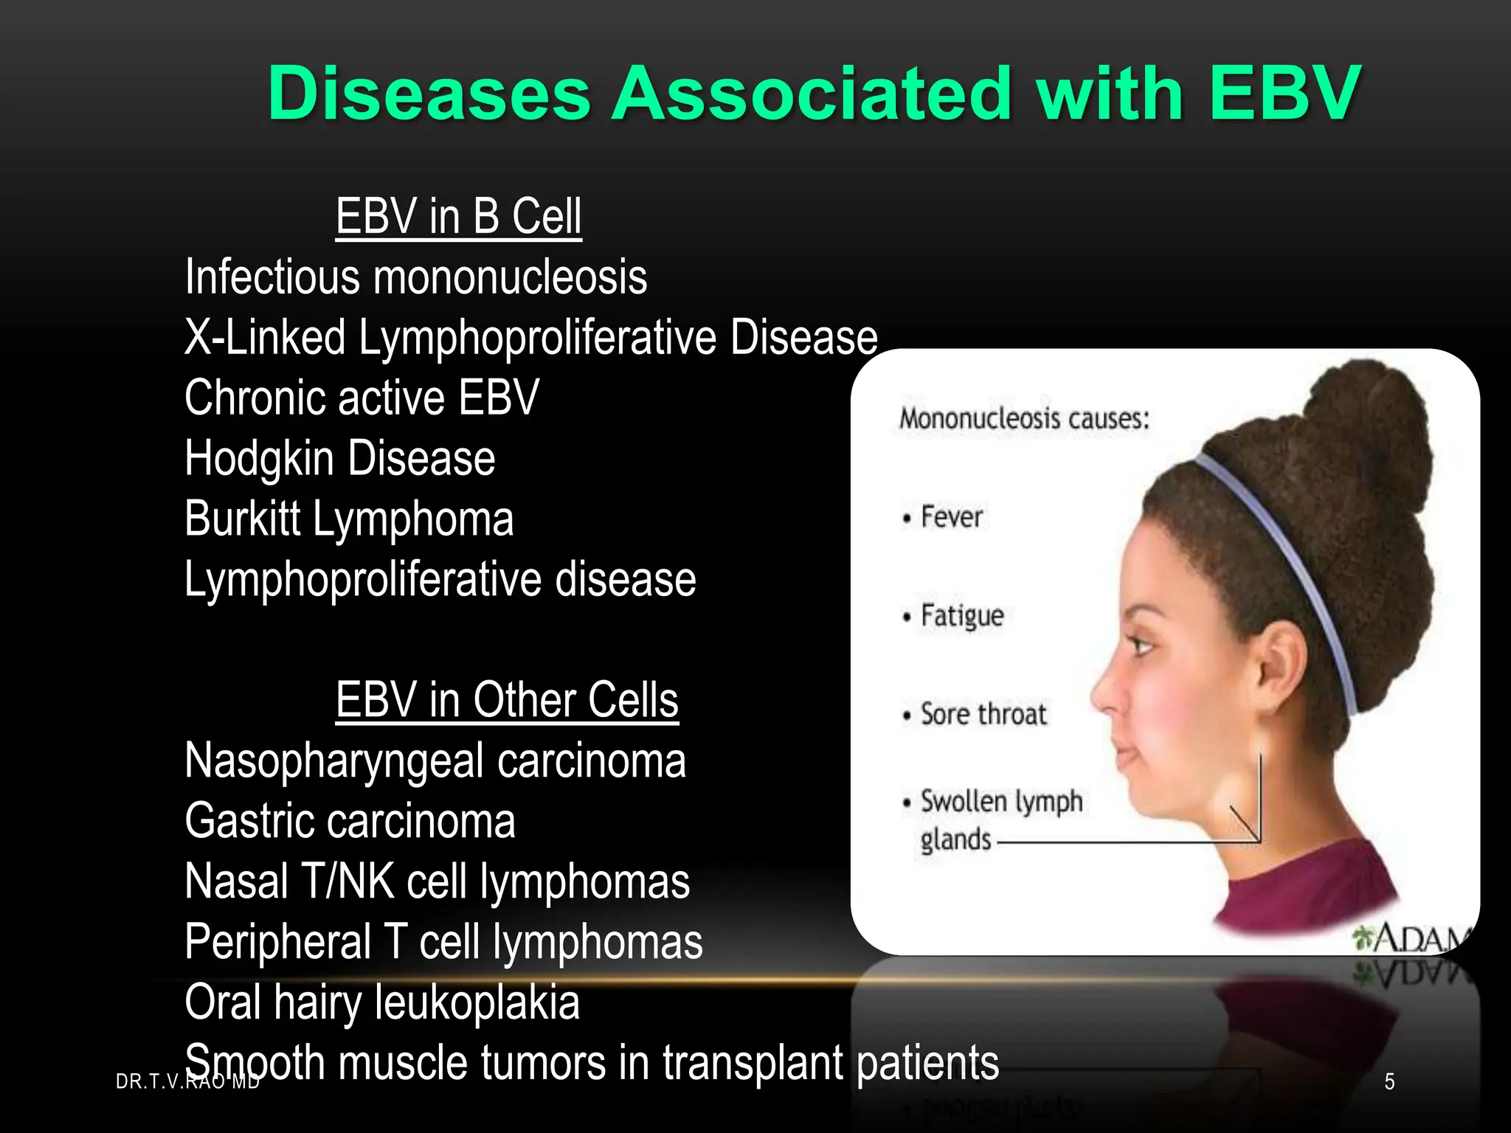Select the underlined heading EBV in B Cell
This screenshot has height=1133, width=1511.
point(458,217)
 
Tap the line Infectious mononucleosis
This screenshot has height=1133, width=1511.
point(415,277)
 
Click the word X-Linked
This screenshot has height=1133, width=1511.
point(265,338)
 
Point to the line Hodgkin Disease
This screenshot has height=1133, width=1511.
point(339,459)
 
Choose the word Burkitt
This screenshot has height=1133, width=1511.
point(243,519)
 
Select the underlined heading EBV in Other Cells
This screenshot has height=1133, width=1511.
point(507,700)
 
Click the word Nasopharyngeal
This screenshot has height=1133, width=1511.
point(333,760)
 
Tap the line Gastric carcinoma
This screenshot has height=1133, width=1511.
point(350,821)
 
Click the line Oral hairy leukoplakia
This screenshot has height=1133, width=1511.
point(381,1002)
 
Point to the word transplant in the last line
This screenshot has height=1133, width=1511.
point(753,1063)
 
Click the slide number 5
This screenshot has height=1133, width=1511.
point(1389,1081)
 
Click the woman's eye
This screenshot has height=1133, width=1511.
point(1143,647)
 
